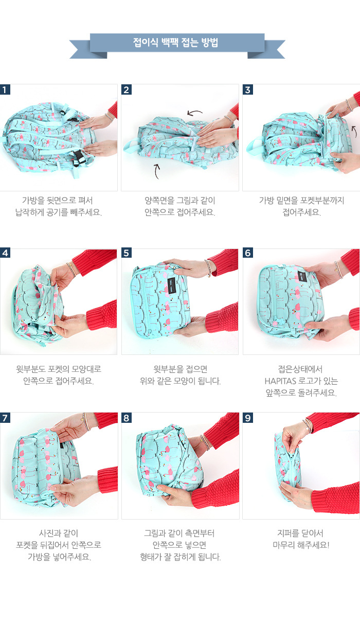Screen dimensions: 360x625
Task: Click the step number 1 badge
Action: tap(5, 90)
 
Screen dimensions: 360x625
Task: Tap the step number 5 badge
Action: tap(127, 253)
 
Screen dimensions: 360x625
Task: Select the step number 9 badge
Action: tap(247, 418)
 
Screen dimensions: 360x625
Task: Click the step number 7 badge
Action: tap(5, 418)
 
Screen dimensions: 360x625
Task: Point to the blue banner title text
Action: tap(175, 42)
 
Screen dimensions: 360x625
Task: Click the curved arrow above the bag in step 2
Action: tap(194, 113)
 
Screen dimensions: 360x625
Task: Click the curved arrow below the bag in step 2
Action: tap(157, 171)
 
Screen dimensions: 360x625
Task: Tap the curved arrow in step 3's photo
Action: tap(354, 131)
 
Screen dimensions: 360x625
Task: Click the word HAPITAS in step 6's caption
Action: tap(280, 381)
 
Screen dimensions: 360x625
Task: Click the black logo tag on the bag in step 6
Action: tap(302, 276)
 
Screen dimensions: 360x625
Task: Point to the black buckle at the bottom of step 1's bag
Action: tap(79, 158)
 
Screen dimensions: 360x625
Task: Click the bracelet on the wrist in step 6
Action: tap(338, 269)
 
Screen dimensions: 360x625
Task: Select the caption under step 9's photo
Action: tap(301, 539)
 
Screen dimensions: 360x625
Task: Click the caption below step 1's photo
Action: tap(58, 206)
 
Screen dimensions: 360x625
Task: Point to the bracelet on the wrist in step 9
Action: tap(309, 425)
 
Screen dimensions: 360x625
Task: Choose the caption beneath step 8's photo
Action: tap(180, 545)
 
